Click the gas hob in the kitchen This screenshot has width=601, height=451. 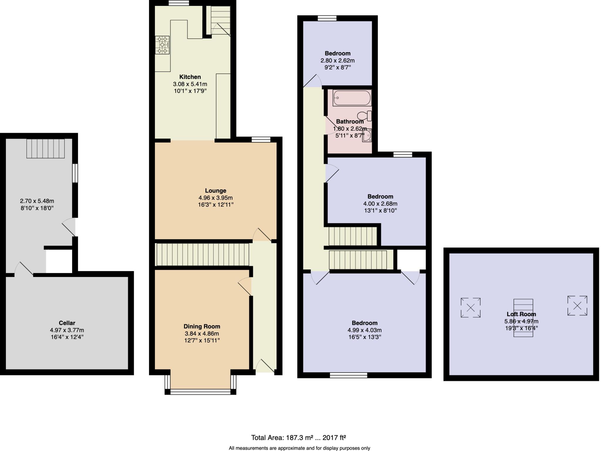tap(163, 45)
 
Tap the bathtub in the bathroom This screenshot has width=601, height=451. tap(352, 98)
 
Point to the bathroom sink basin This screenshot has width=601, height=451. tap(367, 136)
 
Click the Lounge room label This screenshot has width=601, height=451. tap(215, 190)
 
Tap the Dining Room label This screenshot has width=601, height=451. tap(202, 326)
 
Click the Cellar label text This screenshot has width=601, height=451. tap(67, 323)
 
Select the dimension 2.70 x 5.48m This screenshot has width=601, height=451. tap(37, 201)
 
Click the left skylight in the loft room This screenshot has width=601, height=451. tap(470, 307)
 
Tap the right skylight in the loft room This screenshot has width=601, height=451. tap(577, 306)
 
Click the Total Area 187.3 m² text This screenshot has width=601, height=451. tap(298, 438)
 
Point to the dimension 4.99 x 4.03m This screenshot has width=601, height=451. tap(364, 330)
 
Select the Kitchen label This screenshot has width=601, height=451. tap(190, 77)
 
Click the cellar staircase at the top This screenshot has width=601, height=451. tap(45, 148)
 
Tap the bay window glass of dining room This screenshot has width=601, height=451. tap(200, 392)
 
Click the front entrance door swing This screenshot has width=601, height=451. tap(265, 366)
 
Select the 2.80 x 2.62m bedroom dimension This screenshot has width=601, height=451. tap(337, 60)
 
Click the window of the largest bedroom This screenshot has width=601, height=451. tap(348, 375)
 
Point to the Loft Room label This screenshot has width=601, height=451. tap(521, 314)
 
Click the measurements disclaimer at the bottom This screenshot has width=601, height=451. tap(299, 448)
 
